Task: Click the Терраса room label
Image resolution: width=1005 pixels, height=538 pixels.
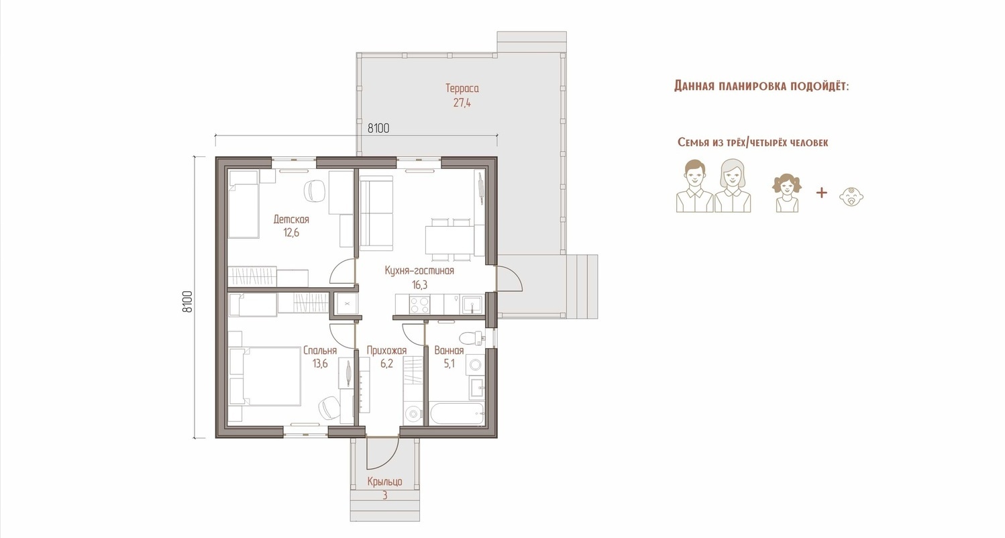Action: point(462,89)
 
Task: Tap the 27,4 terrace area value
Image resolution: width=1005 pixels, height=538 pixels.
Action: point(462,103)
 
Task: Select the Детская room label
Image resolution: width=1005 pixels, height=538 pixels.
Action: point(291,219)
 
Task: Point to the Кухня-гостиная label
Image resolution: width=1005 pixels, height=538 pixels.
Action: point(419,270)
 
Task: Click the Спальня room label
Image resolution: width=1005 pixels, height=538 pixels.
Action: point(320,350)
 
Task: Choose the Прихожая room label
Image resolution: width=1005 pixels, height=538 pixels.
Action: point(386,350)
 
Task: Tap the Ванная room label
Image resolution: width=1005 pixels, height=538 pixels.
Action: point(449,350)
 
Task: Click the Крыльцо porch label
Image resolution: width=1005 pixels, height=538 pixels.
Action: point(384,482)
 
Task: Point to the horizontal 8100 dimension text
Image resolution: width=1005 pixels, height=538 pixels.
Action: point(378,128)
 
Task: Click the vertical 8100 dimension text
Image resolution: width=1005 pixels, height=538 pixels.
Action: point(188,301)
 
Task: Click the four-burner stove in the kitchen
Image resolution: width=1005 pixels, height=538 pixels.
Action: point(419,305)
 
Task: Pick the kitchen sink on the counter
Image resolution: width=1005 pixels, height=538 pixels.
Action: point(472,305)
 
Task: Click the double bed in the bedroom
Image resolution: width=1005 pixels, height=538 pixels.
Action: point(264,376)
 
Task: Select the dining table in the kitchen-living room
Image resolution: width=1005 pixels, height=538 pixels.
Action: point(449,239)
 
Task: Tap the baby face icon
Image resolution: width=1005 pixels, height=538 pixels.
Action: point(851,196)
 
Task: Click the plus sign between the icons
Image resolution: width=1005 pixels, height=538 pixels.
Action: point(821,193)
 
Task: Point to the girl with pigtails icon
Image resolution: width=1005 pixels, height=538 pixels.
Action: point(787,193)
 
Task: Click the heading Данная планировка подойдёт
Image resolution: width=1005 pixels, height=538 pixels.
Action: point(761,86)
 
